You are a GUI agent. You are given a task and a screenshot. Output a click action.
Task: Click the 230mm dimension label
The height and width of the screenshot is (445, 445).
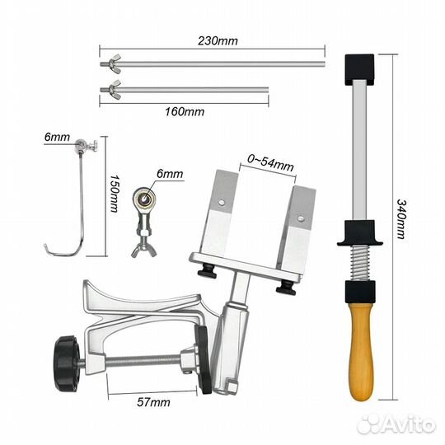click(x=218, y=41)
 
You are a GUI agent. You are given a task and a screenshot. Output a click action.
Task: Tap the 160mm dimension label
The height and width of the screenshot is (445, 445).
click(x=185, y=111)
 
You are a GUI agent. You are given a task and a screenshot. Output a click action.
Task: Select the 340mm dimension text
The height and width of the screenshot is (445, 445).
click(x=402, y=219)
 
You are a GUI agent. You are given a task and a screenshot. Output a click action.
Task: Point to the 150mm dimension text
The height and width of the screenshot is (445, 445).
click(x=114, y=194)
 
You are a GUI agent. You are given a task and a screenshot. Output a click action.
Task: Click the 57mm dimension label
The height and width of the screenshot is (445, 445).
click(x=153, y=402)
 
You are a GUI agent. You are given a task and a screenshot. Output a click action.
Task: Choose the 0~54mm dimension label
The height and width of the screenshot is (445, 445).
click(x=270, y=163)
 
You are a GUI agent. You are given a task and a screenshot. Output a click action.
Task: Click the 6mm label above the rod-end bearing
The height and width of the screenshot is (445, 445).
click(x=170, y=173)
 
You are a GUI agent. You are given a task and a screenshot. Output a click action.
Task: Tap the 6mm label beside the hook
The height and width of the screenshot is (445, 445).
click(x=57, y=137)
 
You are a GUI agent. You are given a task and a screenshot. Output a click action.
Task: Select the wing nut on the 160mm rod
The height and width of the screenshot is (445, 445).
click(x=115, y=90)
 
